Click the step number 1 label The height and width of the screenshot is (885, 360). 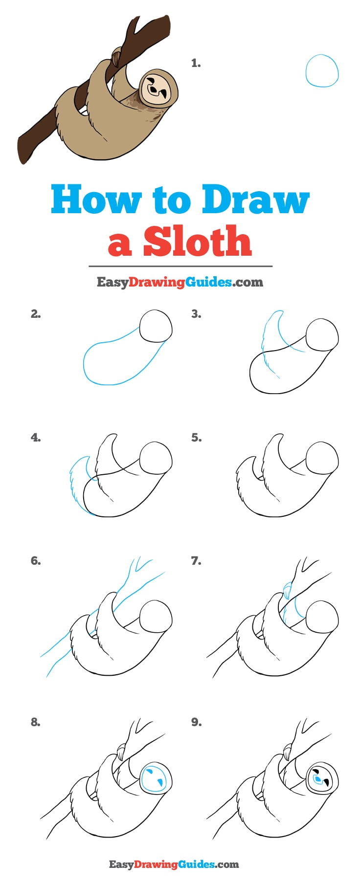(x=196, y=63)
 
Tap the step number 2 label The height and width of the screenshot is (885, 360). (x=36, y=314)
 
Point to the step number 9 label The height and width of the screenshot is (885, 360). (x=196, y=722)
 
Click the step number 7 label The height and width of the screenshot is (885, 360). (x=196, y=561)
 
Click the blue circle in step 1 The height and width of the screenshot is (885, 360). (x=322, y=71)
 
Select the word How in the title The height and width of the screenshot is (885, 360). (x=96, y=199)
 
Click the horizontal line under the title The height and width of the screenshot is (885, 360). (x=180, y=266)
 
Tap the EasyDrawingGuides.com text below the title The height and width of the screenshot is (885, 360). (x=180, y=282)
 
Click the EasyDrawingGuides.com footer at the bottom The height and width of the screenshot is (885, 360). (x=174, y=864)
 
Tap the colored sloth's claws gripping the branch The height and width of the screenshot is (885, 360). (x=116, y=58)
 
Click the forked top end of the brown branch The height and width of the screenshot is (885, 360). (x=147, y=27)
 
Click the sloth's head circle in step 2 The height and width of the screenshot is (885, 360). (x=156, y=326)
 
